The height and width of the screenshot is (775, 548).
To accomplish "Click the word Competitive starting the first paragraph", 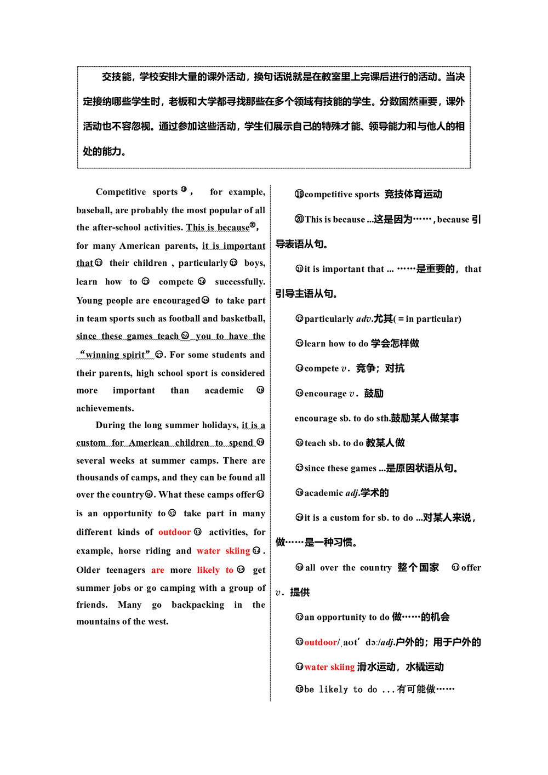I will point(121,192).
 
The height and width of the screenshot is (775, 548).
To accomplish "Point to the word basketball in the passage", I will point(242,318).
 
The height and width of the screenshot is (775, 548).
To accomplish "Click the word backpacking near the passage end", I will point(198,605).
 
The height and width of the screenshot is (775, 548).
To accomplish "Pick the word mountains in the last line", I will point(97,622).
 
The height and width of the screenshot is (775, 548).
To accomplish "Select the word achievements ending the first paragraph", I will point(105,408).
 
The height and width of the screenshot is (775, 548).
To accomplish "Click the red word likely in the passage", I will point(208,570).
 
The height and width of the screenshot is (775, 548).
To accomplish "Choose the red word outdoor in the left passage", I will point(174,532).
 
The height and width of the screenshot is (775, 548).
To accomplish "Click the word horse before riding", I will point(129,551).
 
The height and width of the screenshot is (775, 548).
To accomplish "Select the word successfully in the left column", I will point(240,282).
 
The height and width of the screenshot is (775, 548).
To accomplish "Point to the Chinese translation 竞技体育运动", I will point(413,194).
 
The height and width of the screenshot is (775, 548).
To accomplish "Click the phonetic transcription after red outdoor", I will point(359,642).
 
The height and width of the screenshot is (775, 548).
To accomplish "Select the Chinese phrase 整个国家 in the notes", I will point(418,567).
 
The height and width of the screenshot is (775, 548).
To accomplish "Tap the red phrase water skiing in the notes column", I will point(329,667).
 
